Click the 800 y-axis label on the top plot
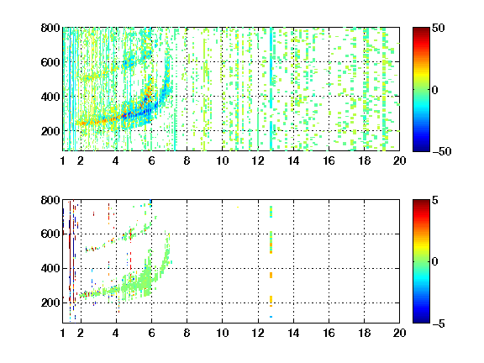[x=50, y=28]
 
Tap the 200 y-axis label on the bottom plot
[x=50, y=302]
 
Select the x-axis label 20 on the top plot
[x=399, y=160]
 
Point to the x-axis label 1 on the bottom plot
[x=63, y=333]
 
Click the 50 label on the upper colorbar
[x=439, y=28]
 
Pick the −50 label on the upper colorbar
[x=442, y=151]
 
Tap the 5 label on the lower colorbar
[x=435, y=200]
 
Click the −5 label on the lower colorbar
[x=439, y=324]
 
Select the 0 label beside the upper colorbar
[x=435, y=90]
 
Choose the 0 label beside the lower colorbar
[x=435, y=262]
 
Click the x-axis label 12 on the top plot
[x=258, y=160]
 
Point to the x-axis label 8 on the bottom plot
[x=187, y=333]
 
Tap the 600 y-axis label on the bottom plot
[x=50, y=234]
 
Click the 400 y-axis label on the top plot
[x=50, y=97]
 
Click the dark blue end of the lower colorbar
[x=421, y=321]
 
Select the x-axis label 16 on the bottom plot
[x=329, y=333]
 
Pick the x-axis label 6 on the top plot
[x=151, y=160]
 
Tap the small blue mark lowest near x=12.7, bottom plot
[x=271, y=317]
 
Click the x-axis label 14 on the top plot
[x=293, y=160]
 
